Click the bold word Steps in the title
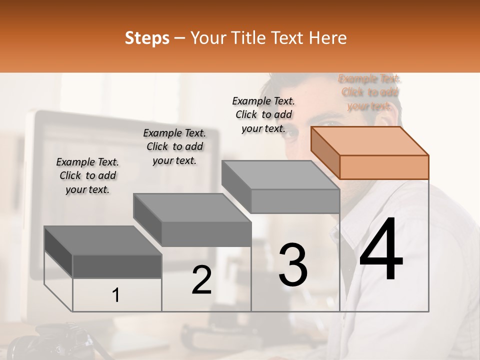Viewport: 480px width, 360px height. coord(147,38)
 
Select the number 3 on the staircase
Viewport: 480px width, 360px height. coord(293,265)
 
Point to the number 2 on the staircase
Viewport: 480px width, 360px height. coord(201,280)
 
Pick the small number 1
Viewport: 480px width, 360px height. coord(116,295)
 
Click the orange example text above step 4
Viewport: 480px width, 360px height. coord(370,92)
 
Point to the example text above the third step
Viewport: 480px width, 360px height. coord(263,114)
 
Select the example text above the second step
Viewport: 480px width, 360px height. coord(174,146)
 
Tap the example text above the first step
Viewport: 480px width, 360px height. coord(87,175)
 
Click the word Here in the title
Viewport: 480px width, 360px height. coord(328,38)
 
